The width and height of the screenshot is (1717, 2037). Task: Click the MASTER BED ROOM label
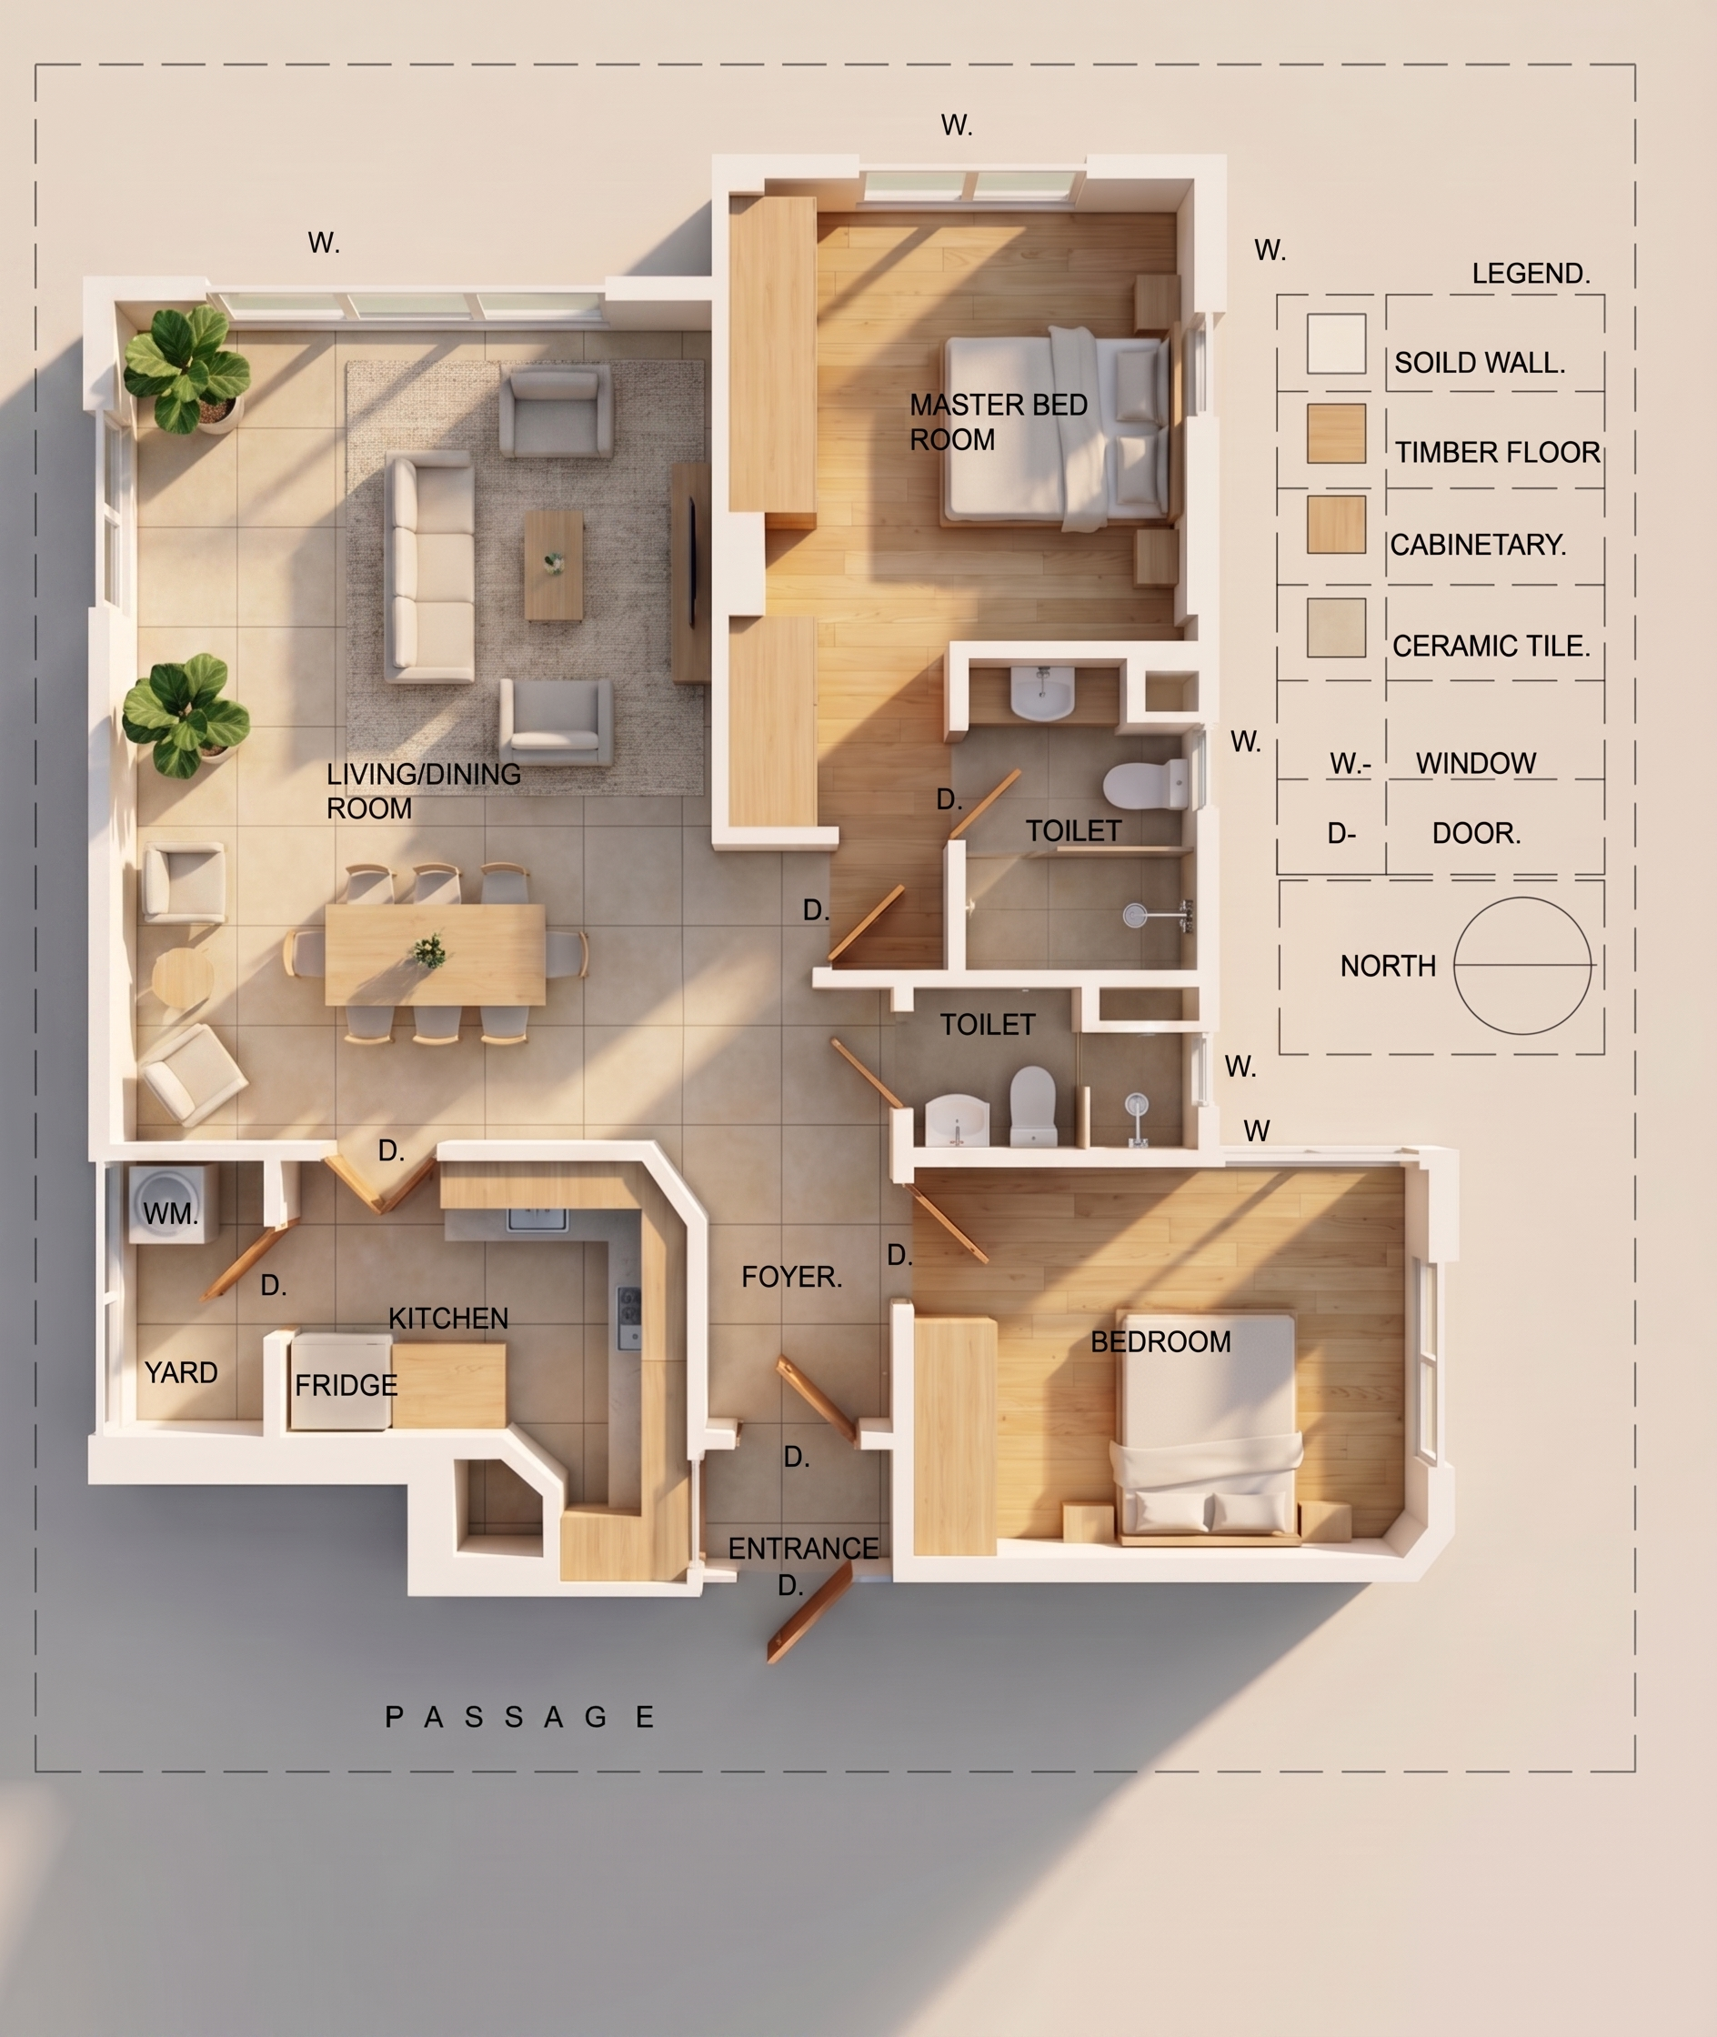coord(998,421)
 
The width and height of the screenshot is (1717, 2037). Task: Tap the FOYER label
coord(791,1277)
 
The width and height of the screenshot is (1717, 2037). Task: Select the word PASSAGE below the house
coord(521,1717)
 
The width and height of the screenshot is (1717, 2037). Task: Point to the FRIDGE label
coord(346,1385)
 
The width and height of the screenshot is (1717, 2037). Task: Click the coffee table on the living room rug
coord(554,566)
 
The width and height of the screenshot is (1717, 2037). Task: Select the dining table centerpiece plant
coord(428,950)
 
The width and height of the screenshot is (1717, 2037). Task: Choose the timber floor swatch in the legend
coord(1335,433)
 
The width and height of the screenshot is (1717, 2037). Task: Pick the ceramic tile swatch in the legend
coord(1335,627)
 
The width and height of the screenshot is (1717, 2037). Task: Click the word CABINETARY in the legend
coord(1478,545)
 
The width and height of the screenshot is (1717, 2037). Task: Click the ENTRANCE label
coord(803,1549)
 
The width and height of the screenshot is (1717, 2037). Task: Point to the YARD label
coord(181,1372)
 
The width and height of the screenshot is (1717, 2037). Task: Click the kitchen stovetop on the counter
coord(628,1318)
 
